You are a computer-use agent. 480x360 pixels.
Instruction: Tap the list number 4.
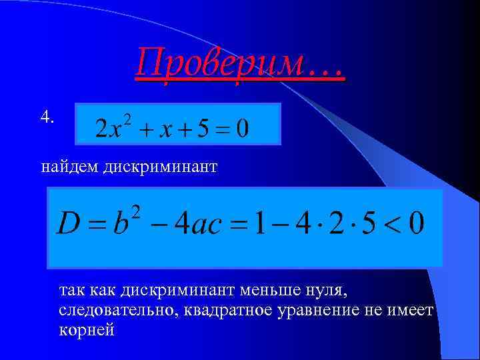[x=47, y=117]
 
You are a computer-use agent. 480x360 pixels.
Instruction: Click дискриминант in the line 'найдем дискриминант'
[x=160, y=166]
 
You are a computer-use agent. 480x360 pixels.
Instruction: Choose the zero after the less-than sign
[x=416, y=223]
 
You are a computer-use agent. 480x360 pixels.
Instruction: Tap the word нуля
[x=324, y=291]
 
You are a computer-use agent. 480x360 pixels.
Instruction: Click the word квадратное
[x=227, y=311]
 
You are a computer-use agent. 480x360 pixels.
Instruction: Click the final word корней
[x=87, y=330]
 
